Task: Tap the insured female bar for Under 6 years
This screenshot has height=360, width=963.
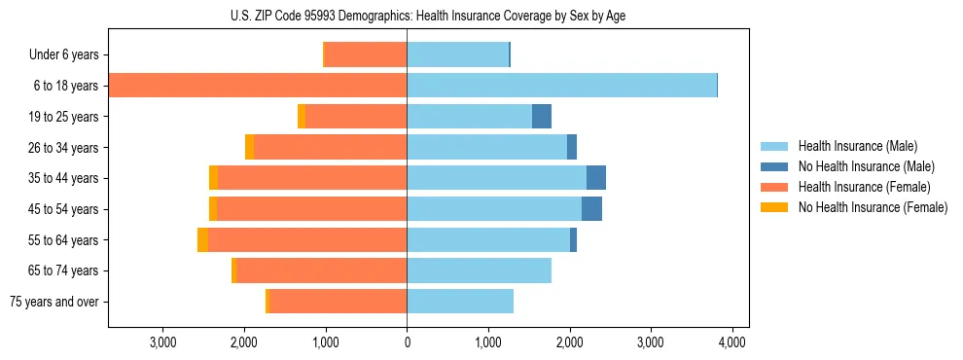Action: [x=365, y=54]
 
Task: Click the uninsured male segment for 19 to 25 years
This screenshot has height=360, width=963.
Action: [x=542, y=117]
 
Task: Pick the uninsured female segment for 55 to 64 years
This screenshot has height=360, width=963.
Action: [x=202, y=239]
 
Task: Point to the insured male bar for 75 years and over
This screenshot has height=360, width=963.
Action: [x=460, y=302]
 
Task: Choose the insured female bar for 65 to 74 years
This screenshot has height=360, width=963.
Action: [x=321, y=270]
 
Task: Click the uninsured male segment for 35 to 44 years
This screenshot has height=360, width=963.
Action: [x=596, y=178]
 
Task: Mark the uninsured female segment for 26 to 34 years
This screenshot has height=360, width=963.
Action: [x=250, y=147]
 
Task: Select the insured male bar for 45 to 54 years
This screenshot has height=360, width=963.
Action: [x=494, y=209]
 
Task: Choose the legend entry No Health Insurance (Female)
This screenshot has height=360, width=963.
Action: [x=873, y=207]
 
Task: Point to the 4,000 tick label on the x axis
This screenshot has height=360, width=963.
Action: [x=731, y=342]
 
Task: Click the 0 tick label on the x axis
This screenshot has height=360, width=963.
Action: [x=407, y=342]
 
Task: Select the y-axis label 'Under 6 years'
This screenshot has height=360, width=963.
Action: [x=63, y=55]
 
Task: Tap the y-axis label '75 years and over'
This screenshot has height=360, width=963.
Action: [x=54, y=302]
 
